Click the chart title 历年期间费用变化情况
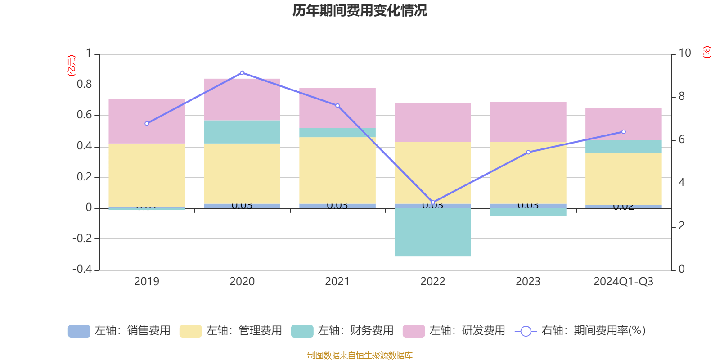360,10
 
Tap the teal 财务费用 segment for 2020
242,132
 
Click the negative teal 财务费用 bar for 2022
433,232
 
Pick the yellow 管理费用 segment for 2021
337,170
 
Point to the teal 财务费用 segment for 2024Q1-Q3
624,147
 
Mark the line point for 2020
242,72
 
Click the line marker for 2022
433,202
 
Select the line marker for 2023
528,153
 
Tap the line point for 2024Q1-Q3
624,132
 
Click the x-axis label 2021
337,282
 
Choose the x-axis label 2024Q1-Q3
624,282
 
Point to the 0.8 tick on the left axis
84,85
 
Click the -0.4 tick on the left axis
82,269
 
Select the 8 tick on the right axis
682,97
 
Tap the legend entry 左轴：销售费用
120,331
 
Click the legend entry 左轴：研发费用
454,331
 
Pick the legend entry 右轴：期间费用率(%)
580,331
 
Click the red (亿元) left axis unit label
71,66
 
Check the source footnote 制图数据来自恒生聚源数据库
360,355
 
